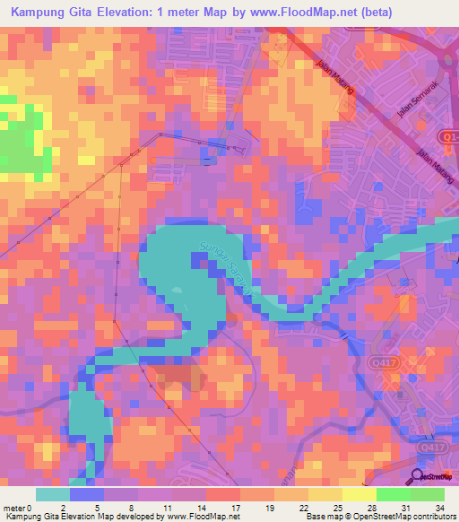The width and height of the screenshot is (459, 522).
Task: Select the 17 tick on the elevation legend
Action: [x=235, y=509]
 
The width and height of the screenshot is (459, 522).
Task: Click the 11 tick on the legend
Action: [x=166, y=509]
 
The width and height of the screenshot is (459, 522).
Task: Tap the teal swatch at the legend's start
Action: [x=52, y=494]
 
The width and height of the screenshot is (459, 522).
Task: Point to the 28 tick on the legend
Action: [x=373, y=509]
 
